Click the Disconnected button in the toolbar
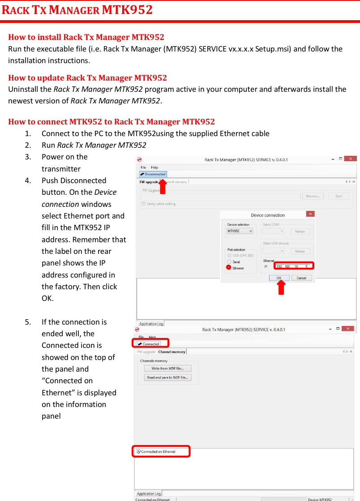(x=153, y=174)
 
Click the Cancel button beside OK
(x=301, y=278)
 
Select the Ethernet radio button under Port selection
(x=229, y=268)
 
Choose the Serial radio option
(x=229, y=261)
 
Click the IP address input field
(x=293, y=266)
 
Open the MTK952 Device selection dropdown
(x=240, y=231)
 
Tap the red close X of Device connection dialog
(x=310, y=214)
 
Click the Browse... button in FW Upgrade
(x=313, y=196)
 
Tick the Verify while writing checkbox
(x=143, y=204)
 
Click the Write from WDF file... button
(x=167, y=368)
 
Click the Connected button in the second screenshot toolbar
(x=149, y=344)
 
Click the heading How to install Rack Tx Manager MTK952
(x=86, y=37)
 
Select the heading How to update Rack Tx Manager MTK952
(x=87, y=78)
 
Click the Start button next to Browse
(x=339, y=196)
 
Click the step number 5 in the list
(x=28, y=322)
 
